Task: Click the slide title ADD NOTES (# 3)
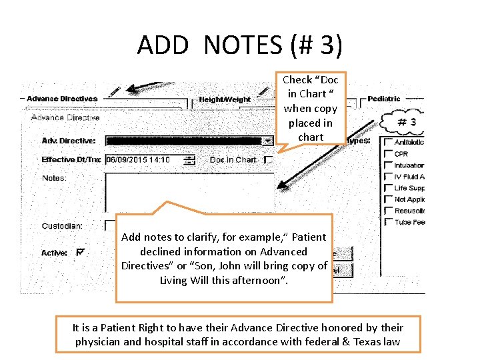(x=239, y=45)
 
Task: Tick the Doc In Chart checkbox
(x=268, y=160)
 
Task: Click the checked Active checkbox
(x=81, y=252)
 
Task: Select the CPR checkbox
(x=388, y=153)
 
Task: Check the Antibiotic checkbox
(x=388, y=142)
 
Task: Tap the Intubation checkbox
(x=388, y=165)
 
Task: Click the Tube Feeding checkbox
(x=388, y=222)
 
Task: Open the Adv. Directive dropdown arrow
(x=267, y=141)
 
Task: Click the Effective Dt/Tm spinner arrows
(x=189, y=160)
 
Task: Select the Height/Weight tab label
(x=225, y=100)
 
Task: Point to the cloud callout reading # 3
(x=406, y=122)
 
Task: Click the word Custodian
(x=61, y=226)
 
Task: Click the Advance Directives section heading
(x=61, y=99)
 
